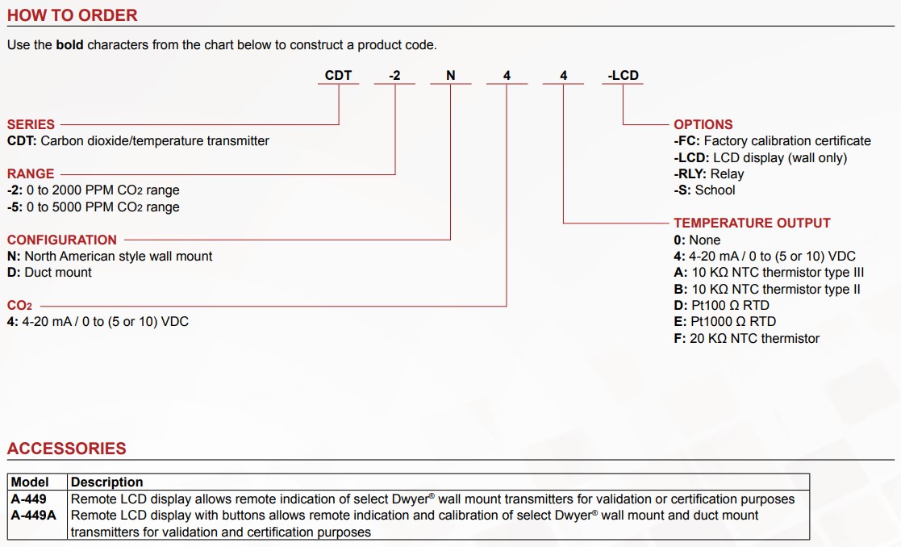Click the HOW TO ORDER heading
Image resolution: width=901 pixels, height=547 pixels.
pos(73,15)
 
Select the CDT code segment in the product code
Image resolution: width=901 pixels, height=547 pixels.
pos(338,76)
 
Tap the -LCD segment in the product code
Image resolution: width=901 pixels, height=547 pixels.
pos(623,76)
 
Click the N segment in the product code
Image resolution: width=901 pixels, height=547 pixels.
pos(451,76)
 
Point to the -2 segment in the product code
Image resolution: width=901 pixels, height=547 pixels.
pos(394,76)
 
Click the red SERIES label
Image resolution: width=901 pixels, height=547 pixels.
pos(31,125)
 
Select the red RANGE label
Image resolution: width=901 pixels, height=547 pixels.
pos(31,174)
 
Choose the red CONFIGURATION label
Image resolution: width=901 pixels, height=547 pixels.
pos(62,240)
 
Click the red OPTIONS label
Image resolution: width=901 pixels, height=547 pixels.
pos(703,125)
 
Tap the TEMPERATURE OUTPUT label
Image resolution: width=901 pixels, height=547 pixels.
pos(752,223)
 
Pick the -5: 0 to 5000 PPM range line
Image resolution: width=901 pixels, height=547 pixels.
pos(94,207)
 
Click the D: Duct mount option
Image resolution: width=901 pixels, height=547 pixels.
pos(49,273)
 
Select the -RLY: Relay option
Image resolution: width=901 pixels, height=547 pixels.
pos(709,174)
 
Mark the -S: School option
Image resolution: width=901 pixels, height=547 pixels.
pos(705,190)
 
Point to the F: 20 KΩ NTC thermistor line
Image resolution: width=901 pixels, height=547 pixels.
pos(747,339)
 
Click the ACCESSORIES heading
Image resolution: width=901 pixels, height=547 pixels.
pos(67,449)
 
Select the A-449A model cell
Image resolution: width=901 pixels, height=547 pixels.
pos(34,516)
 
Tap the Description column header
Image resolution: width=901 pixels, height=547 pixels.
pos(107,482)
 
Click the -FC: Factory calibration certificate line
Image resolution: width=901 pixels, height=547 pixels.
pos(772,141)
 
